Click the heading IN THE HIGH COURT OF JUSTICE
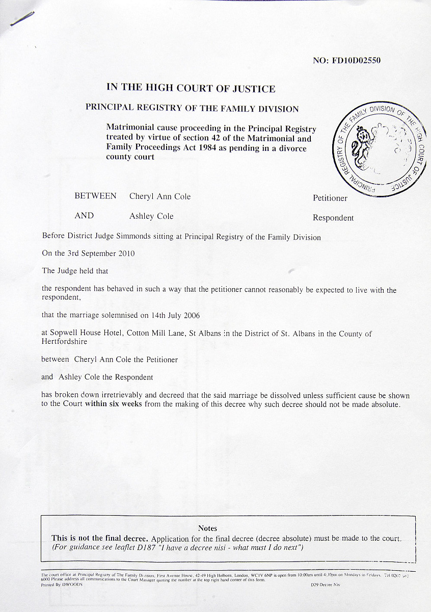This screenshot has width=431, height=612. [191, 88]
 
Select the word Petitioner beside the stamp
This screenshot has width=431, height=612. [330, 198]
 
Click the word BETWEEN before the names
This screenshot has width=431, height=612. [95, 196]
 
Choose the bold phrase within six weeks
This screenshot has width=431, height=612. [114, 404]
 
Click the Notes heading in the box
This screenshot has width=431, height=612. [207, 528]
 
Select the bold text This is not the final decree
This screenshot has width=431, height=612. [100, 538]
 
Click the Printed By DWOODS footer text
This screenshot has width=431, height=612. [62, 585]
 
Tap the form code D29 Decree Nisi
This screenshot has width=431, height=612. [325, 585]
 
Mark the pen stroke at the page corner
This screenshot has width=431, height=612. [22, 19]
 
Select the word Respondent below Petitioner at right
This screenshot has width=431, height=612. [333, 218]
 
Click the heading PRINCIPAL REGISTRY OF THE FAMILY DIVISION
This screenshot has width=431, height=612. [192, 108]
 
